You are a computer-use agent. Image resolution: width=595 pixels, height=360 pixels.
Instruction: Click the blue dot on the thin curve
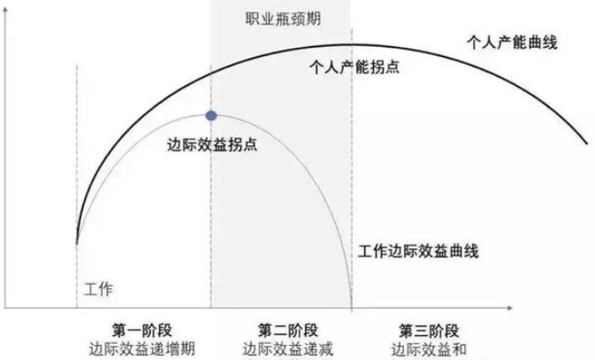[x=211, y=115]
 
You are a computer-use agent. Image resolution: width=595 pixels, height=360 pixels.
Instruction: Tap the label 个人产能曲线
[x=513, y=42]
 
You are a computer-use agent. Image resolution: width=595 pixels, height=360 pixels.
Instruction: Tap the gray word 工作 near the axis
[x=99, y=289]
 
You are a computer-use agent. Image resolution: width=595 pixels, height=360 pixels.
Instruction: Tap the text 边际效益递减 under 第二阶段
[x=280, y=348]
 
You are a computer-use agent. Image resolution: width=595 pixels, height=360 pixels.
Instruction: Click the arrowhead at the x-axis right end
[x=510, y=308]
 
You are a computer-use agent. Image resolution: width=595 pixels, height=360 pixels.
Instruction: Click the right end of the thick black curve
[x=585, y=142]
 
